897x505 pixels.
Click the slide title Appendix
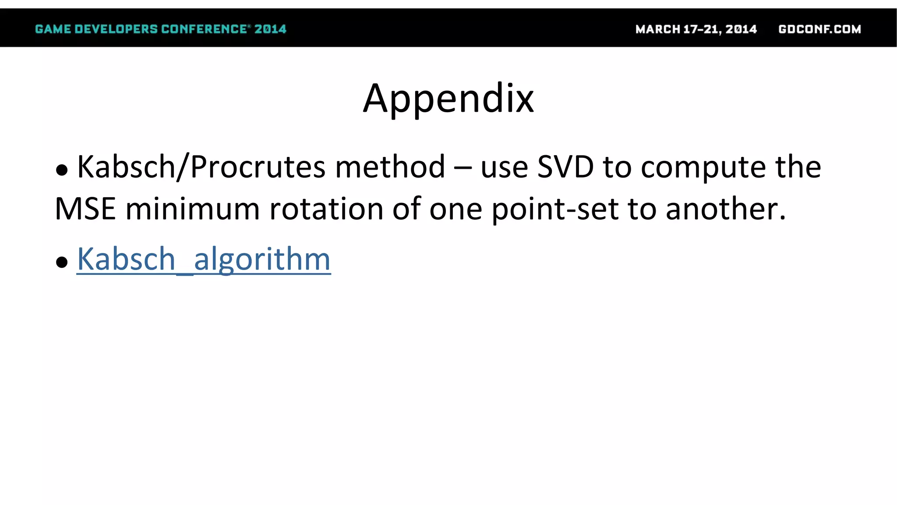[448, 99]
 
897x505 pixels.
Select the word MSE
[85, 209]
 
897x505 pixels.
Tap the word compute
[703, 168]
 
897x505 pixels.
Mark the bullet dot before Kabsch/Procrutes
[62, 170]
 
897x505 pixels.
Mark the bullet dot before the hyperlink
[62, 262]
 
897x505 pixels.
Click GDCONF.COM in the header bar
[819, 29]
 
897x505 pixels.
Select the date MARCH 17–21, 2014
[696, 29]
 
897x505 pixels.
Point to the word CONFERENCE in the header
[204, 29]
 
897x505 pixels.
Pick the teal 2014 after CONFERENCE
[270, 29]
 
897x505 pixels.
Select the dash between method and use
[463, 168]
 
